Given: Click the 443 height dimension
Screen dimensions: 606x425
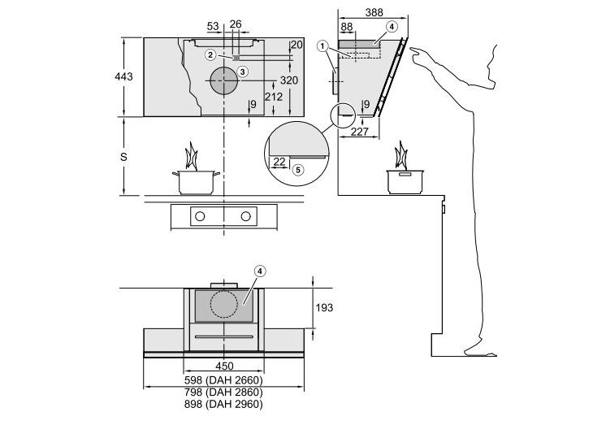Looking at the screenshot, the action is (123, 76).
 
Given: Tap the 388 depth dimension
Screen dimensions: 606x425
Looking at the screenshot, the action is (374, 12).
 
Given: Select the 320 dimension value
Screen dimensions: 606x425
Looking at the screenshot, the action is (289, 80).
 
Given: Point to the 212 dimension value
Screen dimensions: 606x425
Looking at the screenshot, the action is (274, 96).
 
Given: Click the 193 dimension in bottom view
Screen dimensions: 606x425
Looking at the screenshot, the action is (324, 307).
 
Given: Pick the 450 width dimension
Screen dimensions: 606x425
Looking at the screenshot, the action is (224, 366).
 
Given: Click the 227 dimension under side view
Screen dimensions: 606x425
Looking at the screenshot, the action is (359, 132).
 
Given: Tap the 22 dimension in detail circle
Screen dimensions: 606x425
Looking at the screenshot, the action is (279, 162).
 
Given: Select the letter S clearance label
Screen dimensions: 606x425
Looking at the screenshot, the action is (123, 157).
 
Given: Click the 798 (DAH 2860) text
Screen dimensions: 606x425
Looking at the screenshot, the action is (223, 392).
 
